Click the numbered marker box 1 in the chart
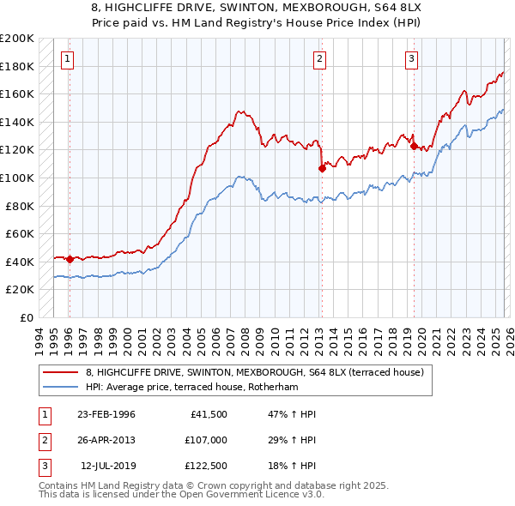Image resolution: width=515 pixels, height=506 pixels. click(x=68, y=59)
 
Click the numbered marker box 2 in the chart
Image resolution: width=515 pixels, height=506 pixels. click(x=319, y=59)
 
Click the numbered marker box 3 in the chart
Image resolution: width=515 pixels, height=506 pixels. click(x=411, y=59)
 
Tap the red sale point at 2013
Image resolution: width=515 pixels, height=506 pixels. click(x=322, y=168)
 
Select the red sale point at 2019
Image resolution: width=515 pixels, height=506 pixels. click(x=414, y=147)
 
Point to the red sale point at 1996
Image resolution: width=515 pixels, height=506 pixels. click(x=70, y=259)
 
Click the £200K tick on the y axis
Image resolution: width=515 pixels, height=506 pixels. click(x=17, y=39)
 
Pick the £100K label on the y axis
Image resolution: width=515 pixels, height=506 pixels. click(x=17, y=178)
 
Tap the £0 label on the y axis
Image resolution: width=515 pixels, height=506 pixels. click(x=26, y=317)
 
